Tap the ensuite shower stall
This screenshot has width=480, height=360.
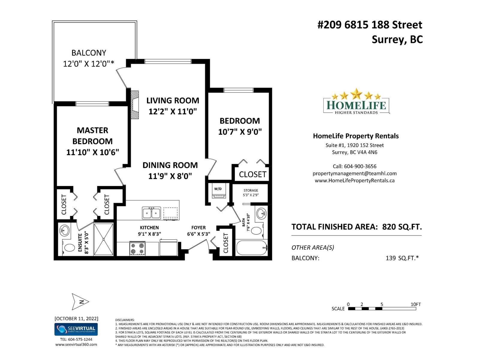click(104, 239)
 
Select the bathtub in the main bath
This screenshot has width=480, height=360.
click(251, 248)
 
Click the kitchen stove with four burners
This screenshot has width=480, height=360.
click(137, 248)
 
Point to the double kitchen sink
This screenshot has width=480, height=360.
click(151, 213)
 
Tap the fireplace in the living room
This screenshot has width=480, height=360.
click(135, 105)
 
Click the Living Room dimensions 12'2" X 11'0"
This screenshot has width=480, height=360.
click(172, 112)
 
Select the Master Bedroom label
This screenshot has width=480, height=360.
click(92, 136)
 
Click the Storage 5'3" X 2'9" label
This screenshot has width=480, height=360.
click(250, 193)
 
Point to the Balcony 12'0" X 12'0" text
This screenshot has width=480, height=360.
click(88, 58)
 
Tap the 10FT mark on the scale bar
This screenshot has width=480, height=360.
click(415, 304)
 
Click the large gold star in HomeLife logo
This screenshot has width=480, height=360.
click(356, 94)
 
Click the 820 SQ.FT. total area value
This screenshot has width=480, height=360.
click(402, 227)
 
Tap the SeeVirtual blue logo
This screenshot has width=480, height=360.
click(76, 329)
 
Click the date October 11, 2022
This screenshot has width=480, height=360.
click(76, 318)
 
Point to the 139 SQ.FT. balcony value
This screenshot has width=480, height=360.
click(402, 258)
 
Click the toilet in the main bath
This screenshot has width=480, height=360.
click(256, 230)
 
